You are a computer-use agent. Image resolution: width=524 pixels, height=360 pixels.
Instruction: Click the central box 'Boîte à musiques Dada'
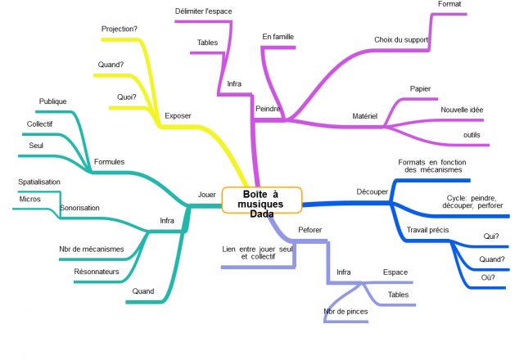(x=262, y=200)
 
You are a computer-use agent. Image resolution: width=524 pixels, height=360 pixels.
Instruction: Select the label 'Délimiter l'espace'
(x=203, y=11)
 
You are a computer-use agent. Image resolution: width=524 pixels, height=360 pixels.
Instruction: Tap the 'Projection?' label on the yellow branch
(x=120, y=29)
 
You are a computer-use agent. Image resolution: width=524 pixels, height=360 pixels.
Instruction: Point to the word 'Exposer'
(x=178, y=116)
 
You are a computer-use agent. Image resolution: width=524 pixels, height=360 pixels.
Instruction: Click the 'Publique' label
(x=52, y=101)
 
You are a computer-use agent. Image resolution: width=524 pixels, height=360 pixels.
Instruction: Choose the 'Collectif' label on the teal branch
(x=39, y=124)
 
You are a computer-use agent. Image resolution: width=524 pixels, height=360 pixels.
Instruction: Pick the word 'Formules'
(x=109, y=162)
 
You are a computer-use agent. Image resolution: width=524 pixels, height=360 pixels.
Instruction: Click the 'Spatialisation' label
(x=39, y=182)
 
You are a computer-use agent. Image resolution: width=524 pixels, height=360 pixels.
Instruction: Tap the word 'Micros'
(x=29, y=199)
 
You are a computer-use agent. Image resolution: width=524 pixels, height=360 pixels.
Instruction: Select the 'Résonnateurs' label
(x=97, y=272)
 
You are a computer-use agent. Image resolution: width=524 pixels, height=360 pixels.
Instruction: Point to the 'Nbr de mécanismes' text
(x=91, y=249)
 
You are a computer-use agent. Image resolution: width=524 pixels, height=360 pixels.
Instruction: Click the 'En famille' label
(x=278, y=37)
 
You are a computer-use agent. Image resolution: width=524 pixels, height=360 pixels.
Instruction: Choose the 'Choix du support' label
(x=401, y=40)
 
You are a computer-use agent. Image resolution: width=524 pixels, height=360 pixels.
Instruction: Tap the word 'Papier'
(x=420, y=89)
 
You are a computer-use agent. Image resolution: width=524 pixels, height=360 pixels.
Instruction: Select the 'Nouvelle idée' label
(x=462, y=110)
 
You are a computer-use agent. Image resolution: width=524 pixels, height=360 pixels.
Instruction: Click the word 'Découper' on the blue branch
(x=372, y=191)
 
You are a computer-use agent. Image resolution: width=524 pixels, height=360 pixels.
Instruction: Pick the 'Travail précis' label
(x=427, y=230)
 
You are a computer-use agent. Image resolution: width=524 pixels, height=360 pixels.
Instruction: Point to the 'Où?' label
(x=488, y=277)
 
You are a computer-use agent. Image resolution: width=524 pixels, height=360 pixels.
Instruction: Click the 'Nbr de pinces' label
(x=346, y=312)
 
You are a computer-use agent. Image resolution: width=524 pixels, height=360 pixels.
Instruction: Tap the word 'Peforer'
(x=309, y=230)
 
